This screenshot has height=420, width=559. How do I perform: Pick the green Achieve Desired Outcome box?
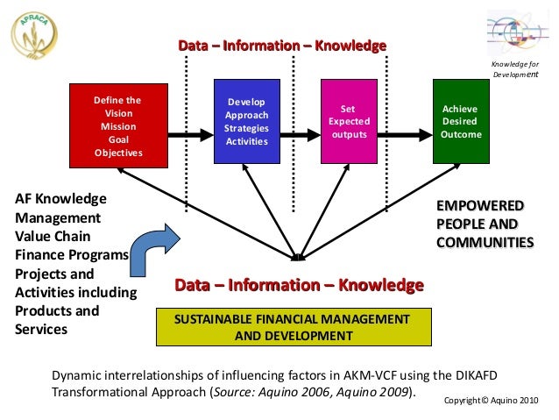click(459, 121)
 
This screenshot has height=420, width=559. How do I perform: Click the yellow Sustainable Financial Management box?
click(294, 325)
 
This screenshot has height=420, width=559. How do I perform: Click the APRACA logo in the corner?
click(35, 37)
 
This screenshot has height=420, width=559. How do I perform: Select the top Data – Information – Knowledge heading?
click(282, 45)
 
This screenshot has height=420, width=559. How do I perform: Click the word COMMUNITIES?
click(485, 242)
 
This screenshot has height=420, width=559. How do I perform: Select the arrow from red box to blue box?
click(189, 134)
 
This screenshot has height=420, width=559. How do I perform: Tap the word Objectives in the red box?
click(118, 153)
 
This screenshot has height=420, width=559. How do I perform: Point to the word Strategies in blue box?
click(247, 128)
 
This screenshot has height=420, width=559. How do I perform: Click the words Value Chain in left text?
click(50, 236)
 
